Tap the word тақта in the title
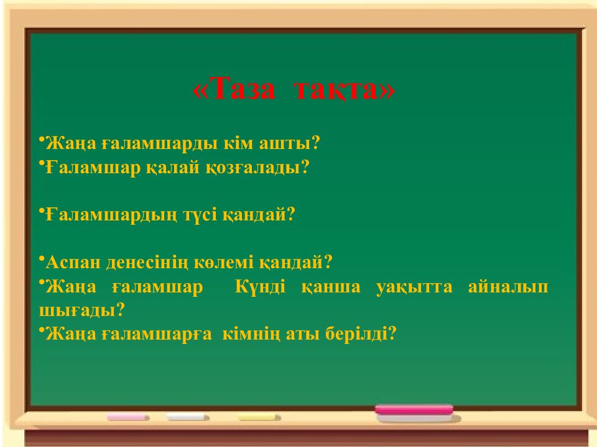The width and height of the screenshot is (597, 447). (x=342, y=91)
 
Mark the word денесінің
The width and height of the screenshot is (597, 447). (x=154, y=262)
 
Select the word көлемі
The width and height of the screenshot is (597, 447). (x=234, y=262)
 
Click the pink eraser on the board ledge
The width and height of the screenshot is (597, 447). (x=414, y=410)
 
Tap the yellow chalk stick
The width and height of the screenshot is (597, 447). (x=259, y=418)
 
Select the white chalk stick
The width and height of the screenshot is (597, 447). (x=188, y=418)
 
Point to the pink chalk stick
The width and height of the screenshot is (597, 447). (x=128, y=418)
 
